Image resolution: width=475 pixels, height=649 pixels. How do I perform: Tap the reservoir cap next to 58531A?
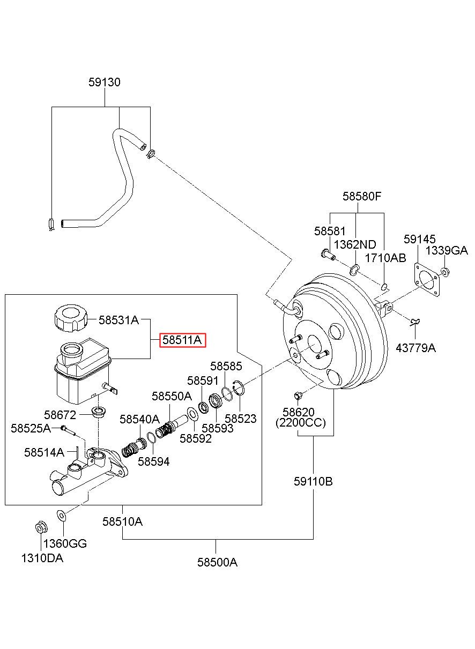(x=71, y=317)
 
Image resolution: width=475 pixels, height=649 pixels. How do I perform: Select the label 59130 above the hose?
(x=105, y=83)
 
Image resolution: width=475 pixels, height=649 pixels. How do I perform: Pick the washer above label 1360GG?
(x=62, y=515)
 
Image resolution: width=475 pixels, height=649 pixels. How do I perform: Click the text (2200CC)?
(x=301, y=423)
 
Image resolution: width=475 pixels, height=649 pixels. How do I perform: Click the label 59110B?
(x=313, y=482)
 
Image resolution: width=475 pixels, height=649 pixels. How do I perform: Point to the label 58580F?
(x=362, y=197)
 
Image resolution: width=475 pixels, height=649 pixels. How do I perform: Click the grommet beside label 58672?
(x=99, y=412)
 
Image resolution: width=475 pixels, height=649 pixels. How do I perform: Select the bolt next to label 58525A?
(x=69, y=430)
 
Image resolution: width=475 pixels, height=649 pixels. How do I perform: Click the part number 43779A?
(x=416, y=348)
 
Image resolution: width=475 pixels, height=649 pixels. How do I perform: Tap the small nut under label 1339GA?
(x=445, y=272)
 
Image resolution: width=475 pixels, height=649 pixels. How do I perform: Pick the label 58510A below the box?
(x=123, y=521)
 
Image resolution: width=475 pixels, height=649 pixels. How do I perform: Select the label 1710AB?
(x=385, y=258)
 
